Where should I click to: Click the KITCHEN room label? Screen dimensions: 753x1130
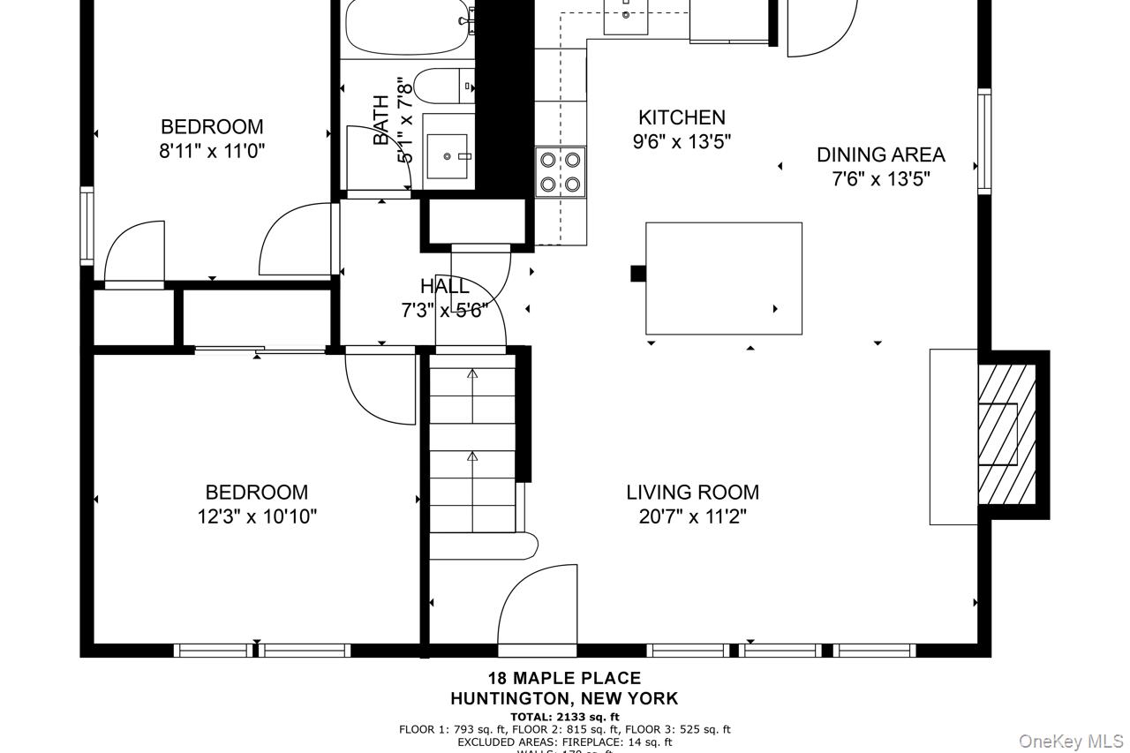point(682,117)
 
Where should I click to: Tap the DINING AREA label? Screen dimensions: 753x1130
point(880,154)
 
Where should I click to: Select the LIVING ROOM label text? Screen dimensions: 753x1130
point(692,493)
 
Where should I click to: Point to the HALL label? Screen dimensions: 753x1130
point(445,286)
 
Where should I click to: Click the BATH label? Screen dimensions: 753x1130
point(381,121)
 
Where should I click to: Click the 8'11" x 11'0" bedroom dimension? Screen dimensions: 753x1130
point(212,151)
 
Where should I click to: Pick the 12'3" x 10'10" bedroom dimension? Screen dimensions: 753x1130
point(257,516)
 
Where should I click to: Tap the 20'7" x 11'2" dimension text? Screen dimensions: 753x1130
point(692,516)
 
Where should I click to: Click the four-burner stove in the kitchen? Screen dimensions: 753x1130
point(561,172)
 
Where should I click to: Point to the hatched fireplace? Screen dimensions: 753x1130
point(1006,434)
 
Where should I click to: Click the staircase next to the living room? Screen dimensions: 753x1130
point(472,441)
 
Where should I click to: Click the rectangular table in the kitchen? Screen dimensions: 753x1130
point(723,278)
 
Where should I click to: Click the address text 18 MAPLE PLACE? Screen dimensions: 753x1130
point(565,678)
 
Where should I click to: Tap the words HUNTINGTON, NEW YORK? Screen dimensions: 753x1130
point(564,698)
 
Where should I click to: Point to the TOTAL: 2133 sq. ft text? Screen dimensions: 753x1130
point(565,717)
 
